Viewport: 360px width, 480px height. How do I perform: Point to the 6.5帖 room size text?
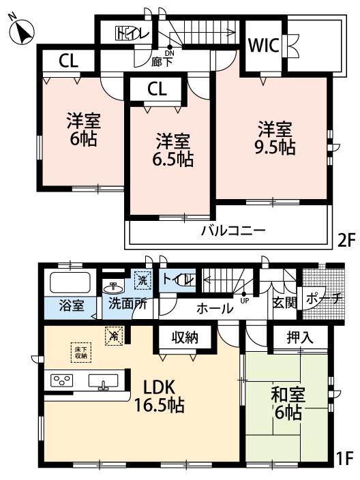point(172,160)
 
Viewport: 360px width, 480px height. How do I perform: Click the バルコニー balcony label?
point(232,230)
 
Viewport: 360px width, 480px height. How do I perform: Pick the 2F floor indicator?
point(346,239)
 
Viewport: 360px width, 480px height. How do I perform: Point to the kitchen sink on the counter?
point(104,382)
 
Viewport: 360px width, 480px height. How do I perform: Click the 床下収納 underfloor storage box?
point(80,352)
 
